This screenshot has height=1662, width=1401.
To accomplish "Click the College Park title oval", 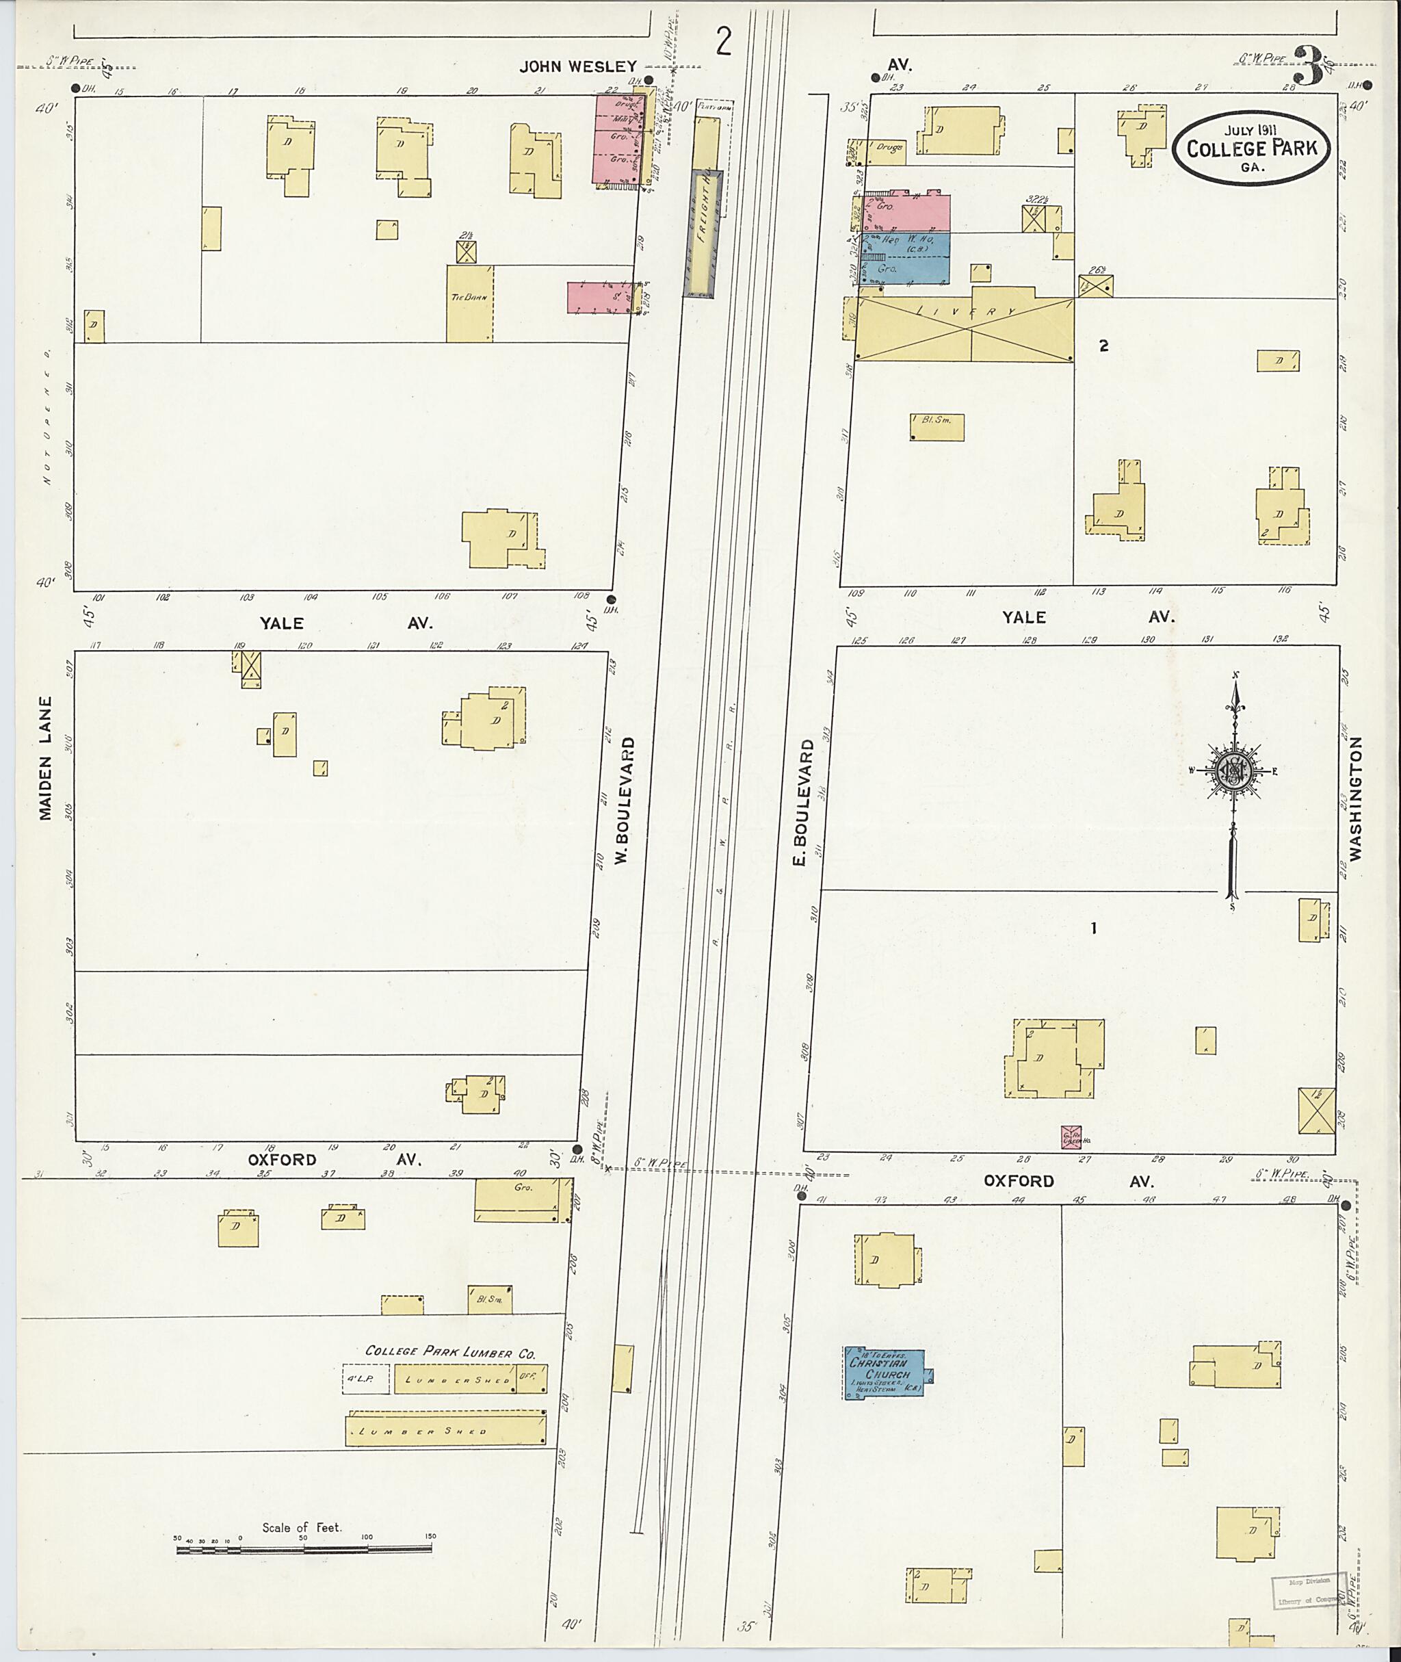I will (1252, 147).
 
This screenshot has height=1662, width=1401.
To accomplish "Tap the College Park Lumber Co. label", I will (450, 1351).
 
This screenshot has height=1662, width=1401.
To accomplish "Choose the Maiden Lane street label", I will (45, 759).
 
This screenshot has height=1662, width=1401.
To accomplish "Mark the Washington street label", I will (1355, 798).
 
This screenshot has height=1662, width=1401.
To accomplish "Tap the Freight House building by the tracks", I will (702, 235).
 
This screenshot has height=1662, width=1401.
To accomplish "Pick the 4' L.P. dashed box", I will (366, 1379).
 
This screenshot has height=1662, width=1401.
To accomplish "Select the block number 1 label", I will (1094, 928).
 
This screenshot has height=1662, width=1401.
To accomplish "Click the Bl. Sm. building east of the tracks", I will (937, 427).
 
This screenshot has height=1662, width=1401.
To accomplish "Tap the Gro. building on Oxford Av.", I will (523, 1199).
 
